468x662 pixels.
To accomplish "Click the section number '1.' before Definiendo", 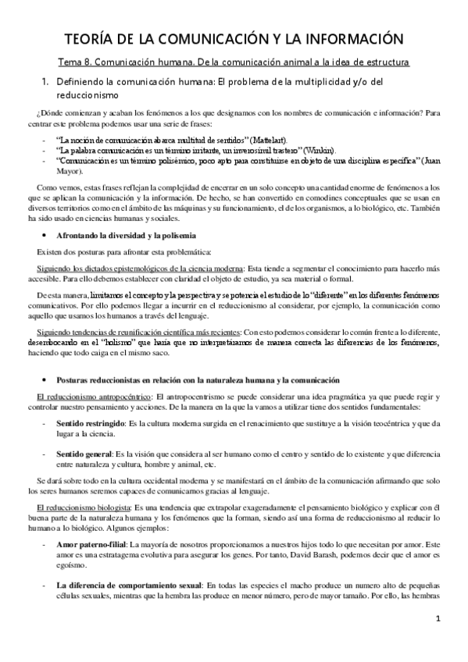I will (46, 81).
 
